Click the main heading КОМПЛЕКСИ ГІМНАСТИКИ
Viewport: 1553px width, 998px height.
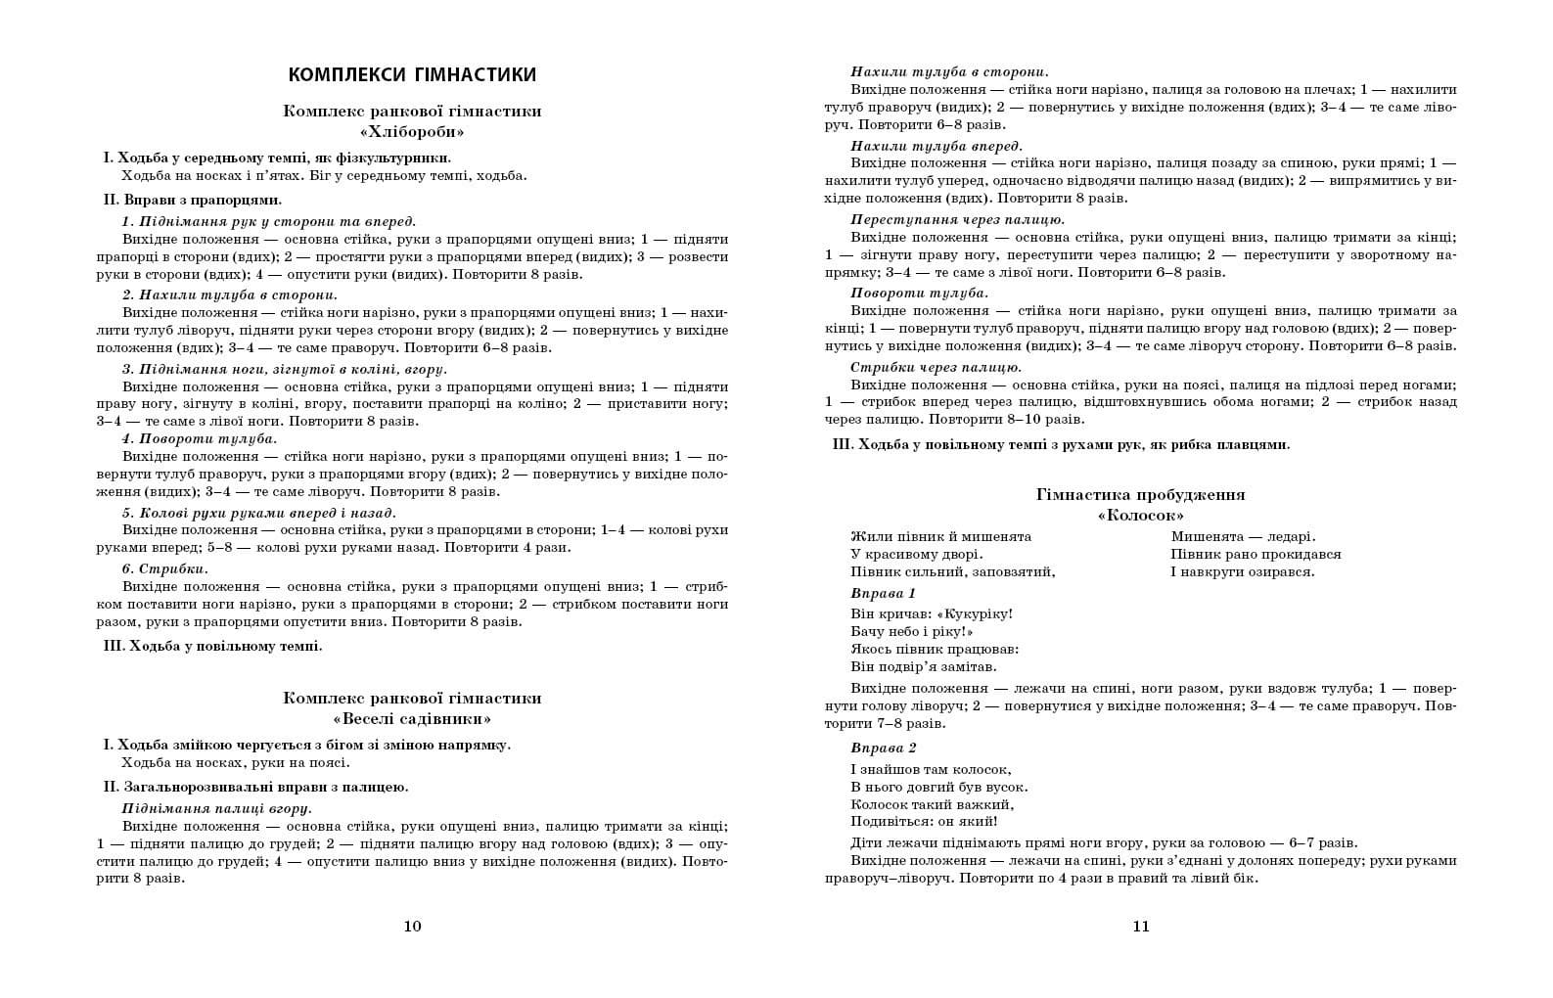click(x=412, y=75)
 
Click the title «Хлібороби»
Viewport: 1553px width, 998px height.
click(x=412, y=132)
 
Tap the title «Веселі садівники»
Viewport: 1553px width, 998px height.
click(x=412, y=719)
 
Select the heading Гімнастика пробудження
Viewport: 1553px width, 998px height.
click(x=1140, y=495)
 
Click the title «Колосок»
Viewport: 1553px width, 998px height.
click(x=1140, y=516)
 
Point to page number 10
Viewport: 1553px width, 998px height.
click(x=412, y=927)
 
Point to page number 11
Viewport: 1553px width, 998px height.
click(x=1140, y=927)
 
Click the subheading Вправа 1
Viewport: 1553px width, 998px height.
click(x=883, y=594)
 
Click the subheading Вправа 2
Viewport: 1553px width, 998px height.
click(x=883, y=748)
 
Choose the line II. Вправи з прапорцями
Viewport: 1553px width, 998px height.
click(x=192, y=200)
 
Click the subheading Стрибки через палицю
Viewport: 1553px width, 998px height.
click(x=936, y=367)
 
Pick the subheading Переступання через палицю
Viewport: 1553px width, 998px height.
click(x=957, y=219)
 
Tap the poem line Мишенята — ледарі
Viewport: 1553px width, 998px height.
click(x=1243, y=536)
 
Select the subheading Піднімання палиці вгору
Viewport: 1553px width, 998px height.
click(x=216, y=808)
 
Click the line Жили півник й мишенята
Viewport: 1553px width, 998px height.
click(x=940, y=536)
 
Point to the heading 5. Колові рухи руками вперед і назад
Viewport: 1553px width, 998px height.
click(x=258, y=513)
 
